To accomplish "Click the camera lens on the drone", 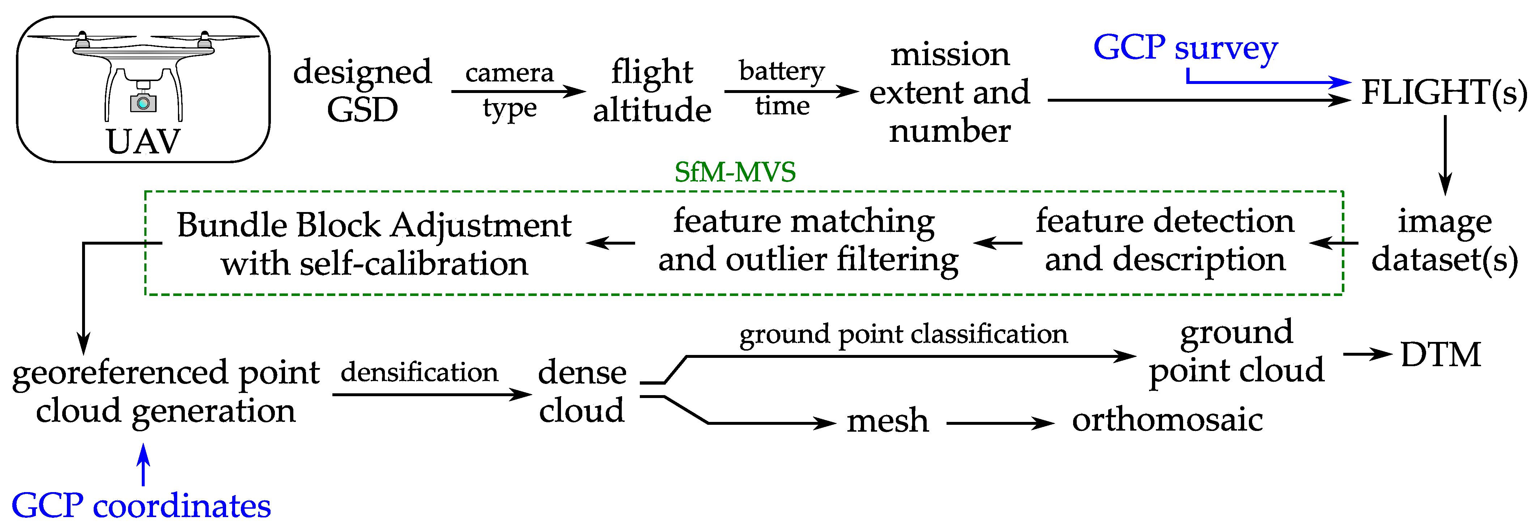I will pyautogui.click(x=143, y=103).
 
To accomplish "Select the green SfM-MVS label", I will pyautogui.click(x=735, y=172).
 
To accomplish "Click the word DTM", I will pyautogui.click(x=1440, y=355).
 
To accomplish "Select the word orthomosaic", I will pyautogui.click(x=1167, y=420).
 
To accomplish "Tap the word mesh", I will pyautogui.click(x=887, y=421).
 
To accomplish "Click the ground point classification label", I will pyautogui.click(x=903, y=334).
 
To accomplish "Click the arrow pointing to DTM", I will pyautogui.click(x=1367, y=354).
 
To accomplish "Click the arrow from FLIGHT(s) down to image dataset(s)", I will pyautogui.click(x=1445, y=155).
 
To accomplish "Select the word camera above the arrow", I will pyautogui.click(x=509, y=73).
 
